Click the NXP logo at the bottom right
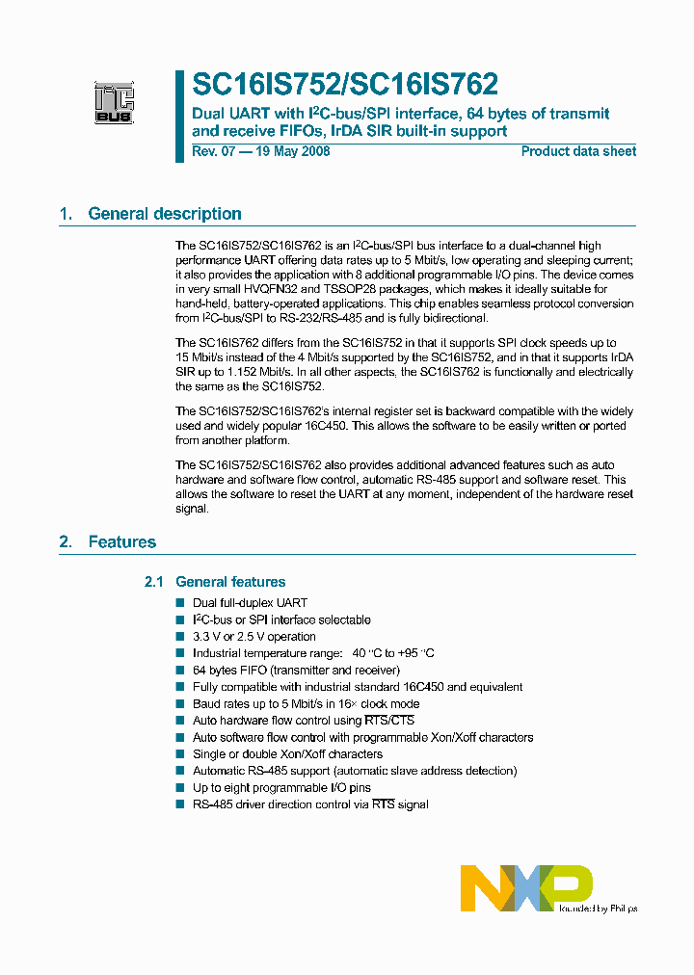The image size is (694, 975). point(525,887)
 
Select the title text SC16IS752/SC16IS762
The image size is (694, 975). point(345,86)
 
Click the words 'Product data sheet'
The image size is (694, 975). point(578,151)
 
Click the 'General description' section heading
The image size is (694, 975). point(165,214)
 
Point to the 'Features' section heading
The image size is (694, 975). point(121,541)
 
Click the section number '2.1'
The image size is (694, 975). point(154,582)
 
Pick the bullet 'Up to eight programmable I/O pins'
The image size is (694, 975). point(281,788)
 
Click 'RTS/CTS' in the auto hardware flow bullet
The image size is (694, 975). point(388,721)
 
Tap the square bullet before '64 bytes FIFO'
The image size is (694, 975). point(180,671)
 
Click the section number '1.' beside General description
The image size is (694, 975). point(66,214)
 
